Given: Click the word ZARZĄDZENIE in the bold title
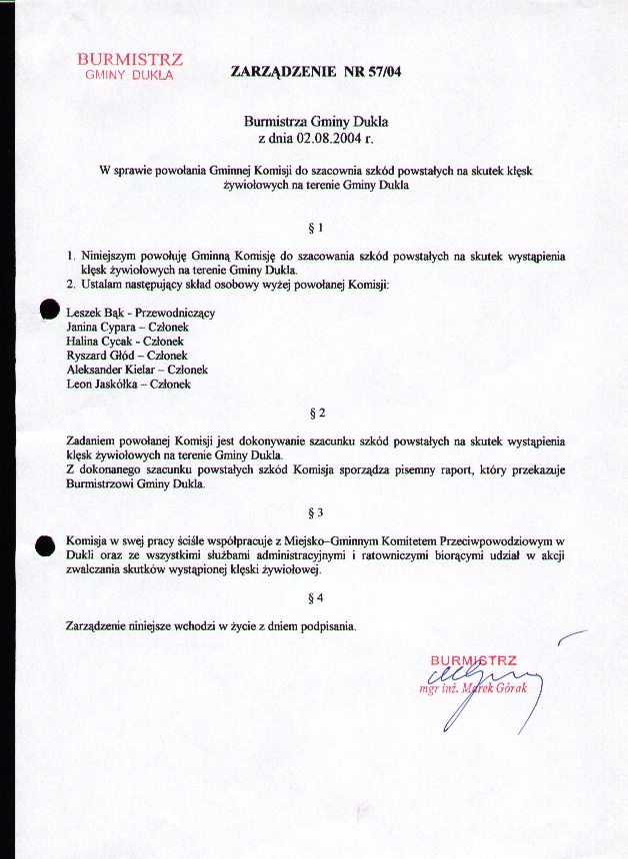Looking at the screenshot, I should pos(284,72).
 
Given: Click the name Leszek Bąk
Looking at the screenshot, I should pos(92,313).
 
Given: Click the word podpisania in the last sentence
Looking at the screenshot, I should pos(327,626).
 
